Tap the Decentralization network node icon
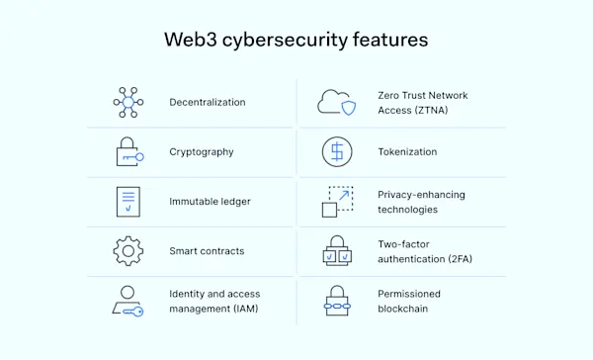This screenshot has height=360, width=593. tap(128, 102)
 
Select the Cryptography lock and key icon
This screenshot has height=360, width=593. tap(128, 152)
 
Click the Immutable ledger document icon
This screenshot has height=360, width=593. tap(128, 202)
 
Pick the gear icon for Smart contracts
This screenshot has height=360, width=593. tap(128, 251)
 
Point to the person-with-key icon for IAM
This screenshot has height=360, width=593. tap(128, 302)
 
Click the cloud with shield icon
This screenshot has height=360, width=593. tap(336, 102)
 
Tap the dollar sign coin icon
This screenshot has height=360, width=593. tap(336, 152)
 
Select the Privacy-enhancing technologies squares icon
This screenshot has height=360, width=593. tap(336, 202)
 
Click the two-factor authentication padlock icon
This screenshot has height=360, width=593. tap(336, 251)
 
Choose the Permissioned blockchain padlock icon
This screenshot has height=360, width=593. tap(336, 302)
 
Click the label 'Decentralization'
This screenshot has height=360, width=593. tap(208, 102)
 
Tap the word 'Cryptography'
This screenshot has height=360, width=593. tap(203, 152)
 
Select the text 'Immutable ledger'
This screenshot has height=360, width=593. tap(210, 202)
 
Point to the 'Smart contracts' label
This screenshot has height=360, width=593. tap(207, 251)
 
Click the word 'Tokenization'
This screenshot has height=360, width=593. tap(407, 152)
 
